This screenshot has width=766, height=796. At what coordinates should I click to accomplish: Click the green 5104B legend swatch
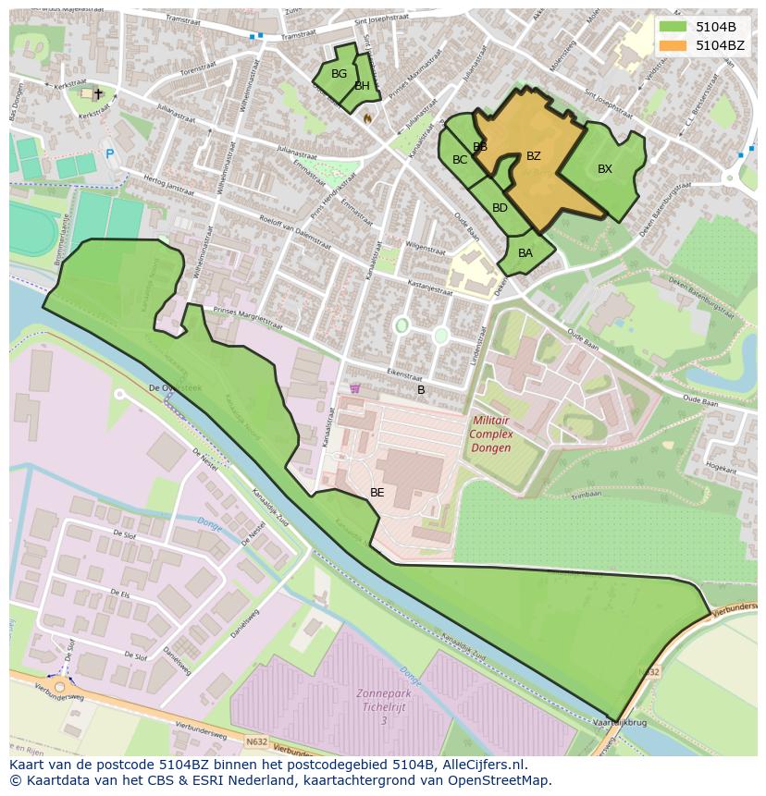tap(673, 26)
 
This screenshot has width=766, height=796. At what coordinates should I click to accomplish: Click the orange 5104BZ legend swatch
tap(673, 44)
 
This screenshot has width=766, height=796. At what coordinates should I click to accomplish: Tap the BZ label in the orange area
tap(533, 156)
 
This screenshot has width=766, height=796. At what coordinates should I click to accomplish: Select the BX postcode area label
tap(604, 169)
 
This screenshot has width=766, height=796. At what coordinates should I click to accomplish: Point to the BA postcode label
tap(525, 253)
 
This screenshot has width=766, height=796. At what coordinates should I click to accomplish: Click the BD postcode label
tap(500, 208)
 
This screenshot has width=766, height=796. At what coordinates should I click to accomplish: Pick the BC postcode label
tap(460, 160)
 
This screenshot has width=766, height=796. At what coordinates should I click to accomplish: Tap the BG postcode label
tap(339, 74)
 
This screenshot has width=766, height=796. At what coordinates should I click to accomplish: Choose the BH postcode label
tap(362, 86)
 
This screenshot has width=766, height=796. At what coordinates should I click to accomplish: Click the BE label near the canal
tap(377, 493)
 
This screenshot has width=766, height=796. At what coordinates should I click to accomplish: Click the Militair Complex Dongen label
tap(491, 434)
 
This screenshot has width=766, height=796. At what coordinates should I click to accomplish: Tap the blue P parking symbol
tap(109, 154)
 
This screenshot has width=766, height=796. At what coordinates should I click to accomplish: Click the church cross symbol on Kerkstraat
tap(98, 93)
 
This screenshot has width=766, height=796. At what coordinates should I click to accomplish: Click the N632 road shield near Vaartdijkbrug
tap(649, 672)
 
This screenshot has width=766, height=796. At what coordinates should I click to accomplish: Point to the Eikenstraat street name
tap(406, 374)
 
